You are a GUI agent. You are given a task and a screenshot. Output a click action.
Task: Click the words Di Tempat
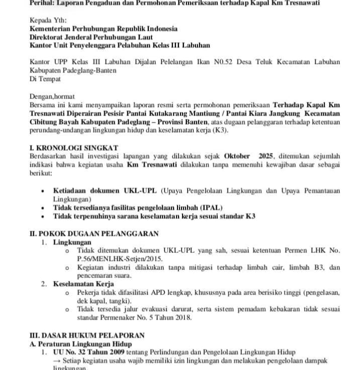point(45,78)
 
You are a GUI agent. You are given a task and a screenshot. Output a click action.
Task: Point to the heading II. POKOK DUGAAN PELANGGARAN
point(95,233)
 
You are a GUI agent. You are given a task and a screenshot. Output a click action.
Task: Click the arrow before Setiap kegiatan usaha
point(57,361)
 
